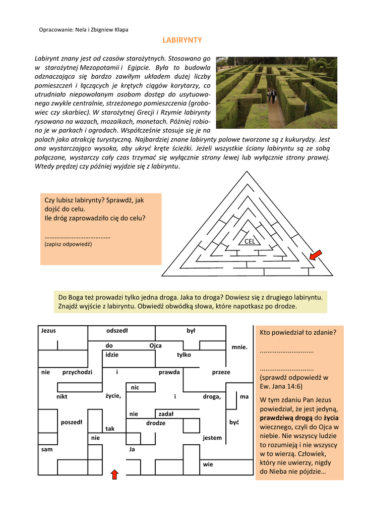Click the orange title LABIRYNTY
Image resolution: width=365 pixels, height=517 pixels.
tap(182, 40)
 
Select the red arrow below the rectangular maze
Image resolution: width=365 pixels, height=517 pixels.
tap(114, 474)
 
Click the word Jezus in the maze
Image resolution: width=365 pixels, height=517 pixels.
tap(48, 331)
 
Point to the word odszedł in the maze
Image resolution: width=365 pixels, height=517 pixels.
tap(117, 331)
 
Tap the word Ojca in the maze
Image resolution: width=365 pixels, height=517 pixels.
tap(155, 346)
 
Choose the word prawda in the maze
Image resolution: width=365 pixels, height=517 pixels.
tap(169, 372)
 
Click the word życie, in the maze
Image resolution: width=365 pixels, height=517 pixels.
tap(113, 395)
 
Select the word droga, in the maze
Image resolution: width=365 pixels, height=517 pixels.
tap(212, 396)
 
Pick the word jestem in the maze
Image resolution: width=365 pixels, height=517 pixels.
tap(212, 438)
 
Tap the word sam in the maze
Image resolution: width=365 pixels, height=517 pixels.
tap(46, 448)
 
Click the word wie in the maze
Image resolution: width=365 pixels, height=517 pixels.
tap(208, 464)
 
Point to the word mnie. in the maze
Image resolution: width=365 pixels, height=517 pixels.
tap(239, 347)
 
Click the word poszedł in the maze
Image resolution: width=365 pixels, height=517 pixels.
tap(72, 422)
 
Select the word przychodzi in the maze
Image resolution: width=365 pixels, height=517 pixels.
tap(77, 372)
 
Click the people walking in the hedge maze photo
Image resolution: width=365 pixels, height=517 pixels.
tap(271, 94)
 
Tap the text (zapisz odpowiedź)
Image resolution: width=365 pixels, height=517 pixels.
tap(68, 244)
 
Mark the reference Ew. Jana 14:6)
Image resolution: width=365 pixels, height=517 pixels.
tap(281, 386)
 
